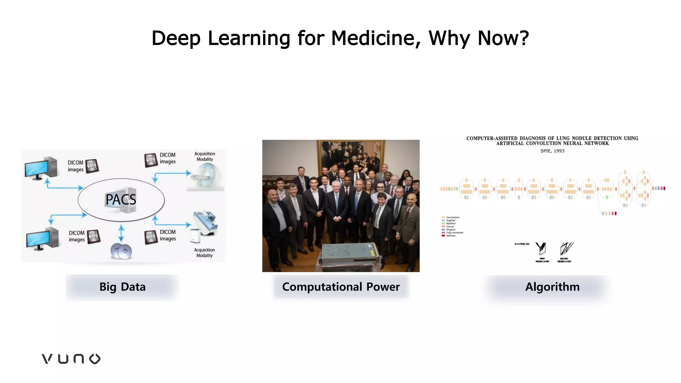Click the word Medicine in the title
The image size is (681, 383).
point(375,38)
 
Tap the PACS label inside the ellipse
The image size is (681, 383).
point(121,199)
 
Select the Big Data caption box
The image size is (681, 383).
point(122,287)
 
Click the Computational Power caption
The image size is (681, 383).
point(341,287)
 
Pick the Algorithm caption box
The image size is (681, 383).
point(552,287)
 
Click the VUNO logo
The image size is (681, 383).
point(71,359)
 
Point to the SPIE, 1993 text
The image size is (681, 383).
point(552,151)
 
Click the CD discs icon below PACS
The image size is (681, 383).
point(121,251)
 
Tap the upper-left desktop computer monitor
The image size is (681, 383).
point(37,169)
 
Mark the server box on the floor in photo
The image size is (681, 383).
point(349,255)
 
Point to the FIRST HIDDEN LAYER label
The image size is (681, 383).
point(542,260)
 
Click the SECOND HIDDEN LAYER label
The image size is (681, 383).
point(564,260)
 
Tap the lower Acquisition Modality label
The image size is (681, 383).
point(204,253)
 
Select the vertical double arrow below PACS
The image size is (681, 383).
point(121,233)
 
